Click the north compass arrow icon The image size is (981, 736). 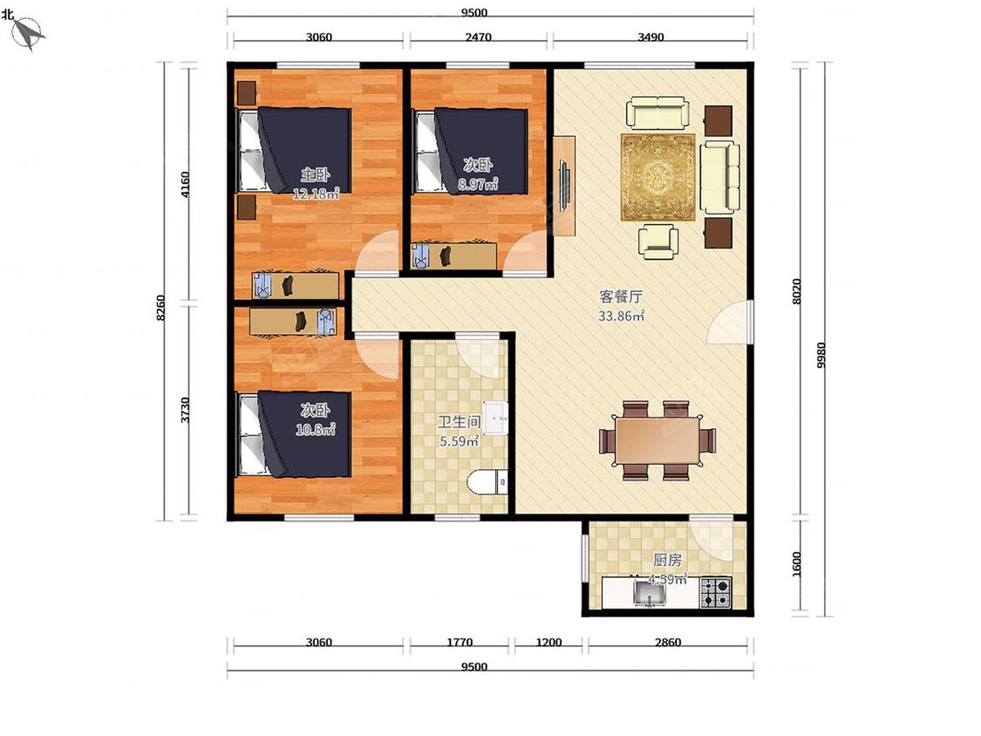(x=28, y=32)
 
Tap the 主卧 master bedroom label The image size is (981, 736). (x=316, y=174)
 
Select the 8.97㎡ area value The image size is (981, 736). (x=477, y=184)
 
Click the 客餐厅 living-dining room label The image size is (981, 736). (x=621, y=296)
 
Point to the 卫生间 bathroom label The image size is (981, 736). (x=459, y=422)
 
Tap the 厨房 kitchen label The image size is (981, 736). (x=667, y=559)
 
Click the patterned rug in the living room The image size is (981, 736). (x=657, y=177)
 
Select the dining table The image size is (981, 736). (x=657, y=440)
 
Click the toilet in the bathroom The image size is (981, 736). (x=488, y=482)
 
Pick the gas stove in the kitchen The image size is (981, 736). (x=715, y=593)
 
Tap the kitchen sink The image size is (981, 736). (x=650, y=593)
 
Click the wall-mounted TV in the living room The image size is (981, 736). (x=564, y=186)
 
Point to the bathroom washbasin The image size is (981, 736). (x=495, y=418)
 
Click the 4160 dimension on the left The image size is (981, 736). (x=185, y=184)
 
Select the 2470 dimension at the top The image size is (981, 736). (x=478, y=37)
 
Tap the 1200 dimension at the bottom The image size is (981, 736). (x=548, y=642)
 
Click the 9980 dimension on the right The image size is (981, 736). (x=821, y=355)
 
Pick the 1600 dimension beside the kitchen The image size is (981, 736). (x=796, y=564)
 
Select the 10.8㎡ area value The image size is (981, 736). (x=316, y=430)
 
